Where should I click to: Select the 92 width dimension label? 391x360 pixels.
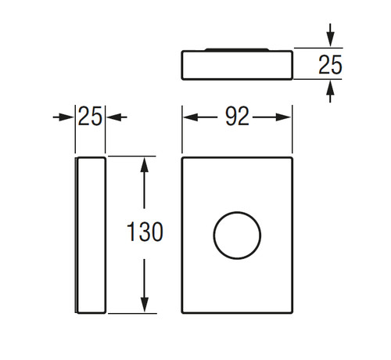point(237,117)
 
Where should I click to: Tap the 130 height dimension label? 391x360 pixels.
point(145,232)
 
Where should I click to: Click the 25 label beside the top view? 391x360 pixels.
point(330,64)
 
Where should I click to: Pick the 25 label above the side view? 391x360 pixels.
point(90,117)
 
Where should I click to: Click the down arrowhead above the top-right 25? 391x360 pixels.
point(330,39)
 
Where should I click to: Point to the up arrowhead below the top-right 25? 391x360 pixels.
point(330,88)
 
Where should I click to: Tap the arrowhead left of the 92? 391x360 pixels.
point(191,117)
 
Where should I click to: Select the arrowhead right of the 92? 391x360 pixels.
point(284,117)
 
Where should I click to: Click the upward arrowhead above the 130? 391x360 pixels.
point(144,164)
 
